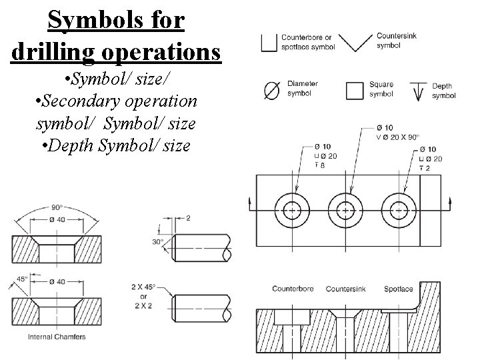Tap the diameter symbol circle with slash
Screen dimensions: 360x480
(272, 91)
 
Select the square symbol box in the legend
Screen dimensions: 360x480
(355, 90)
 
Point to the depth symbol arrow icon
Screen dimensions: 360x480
(419, 91)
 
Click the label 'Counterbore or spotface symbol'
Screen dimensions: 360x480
(307, 41)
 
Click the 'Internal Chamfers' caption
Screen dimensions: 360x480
(57, 337)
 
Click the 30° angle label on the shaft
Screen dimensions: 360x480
(157, 242)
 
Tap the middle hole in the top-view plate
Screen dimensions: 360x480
(345, 209)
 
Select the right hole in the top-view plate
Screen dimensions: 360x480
(399, 209)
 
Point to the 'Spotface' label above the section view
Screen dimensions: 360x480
(399, 289)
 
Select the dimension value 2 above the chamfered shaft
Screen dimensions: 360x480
(189, 218)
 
